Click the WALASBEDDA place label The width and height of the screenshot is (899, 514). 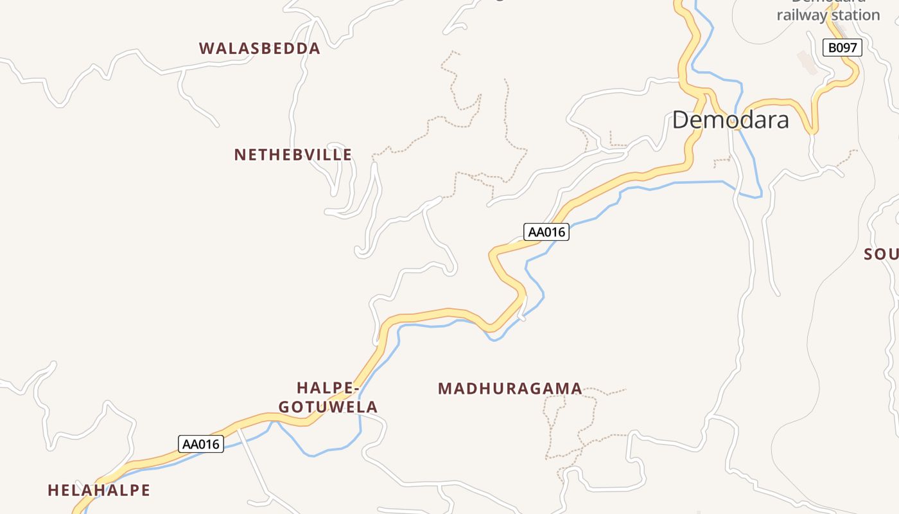tap(259, 48)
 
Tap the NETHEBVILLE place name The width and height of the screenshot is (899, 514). tap(293, 155)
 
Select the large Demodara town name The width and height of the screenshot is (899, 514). tap(730, 120)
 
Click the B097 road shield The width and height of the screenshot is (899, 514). tap(842, 48)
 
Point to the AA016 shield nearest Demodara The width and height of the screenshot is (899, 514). tap(546, 232)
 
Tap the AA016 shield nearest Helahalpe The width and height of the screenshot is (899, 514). tap(201, 444)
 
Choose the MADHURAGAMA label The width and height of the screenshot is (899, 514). tap(510, 389)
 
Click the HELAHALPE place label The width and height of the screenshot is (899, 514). tap(99, 490)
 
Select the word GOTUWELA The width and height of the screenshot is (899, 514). tap(328, 407)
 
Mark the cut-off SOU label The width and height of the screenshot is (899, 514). tap(881, 254)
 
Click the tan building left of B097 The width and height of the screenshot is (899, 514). tap(808, 62)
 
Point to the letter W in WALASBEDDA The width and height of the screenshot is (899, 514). tap(207, 48)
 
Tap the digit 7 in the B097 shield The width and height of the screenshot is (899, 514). tap(853, 48)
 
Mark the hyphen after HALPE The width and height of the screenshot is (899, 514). tap(354, 389)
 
